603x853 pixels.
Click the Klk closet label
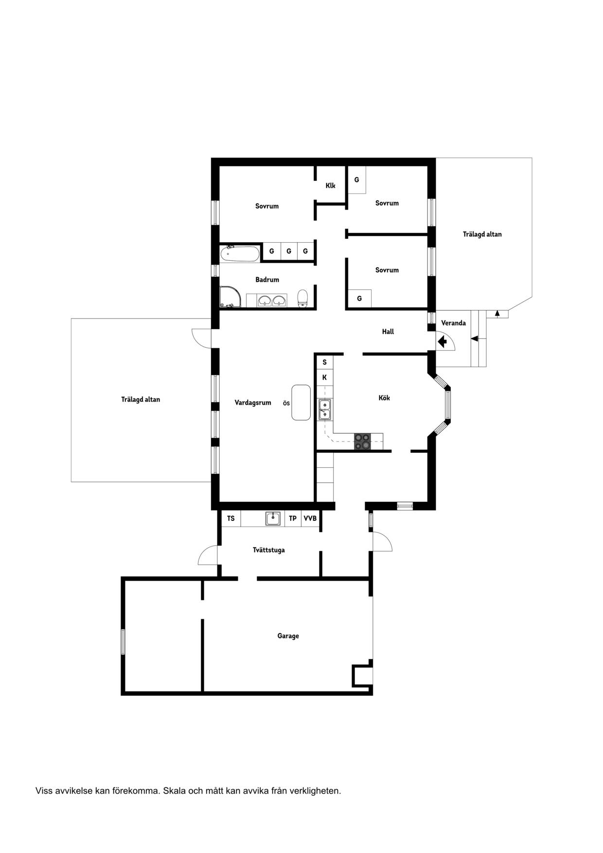click(x=331, y=185)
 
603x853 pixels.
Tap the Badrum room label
click(x=267, y=280)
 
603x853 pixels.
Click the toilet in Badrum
click(x=302, y=298)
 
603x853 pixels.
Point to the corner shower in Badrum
click(x=229, y=297)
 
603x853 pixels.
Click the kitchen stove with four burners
click(x=362, y=441)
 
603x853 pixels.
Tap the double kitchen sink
click(x=325, y=409)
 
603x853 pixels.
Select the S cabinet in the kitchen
click(x=324, y=362)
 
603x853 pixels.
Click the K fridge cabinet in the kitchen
click(x=324, y=377)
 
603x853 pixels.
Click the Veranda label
click(x=453, y=323)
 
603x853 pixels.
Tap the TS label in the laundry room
click(x=231, y=518)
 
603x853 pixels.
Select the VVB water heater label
click(x=310, y=518)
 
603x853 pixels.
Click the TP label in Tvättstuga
click(x=293, y=518)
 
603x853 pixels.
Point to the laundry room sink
click(x=273, y=518)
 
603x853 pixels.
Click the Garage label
click(x=288, y=636)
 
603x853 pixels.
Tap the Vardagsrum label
click(x=253, y=403)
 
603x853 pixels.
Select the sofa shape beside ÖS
click(x=301, y=402)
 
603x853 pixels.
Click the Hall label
click(x=388, y=332)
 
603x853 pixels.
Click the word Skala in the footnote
click(x=175, y=791)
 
